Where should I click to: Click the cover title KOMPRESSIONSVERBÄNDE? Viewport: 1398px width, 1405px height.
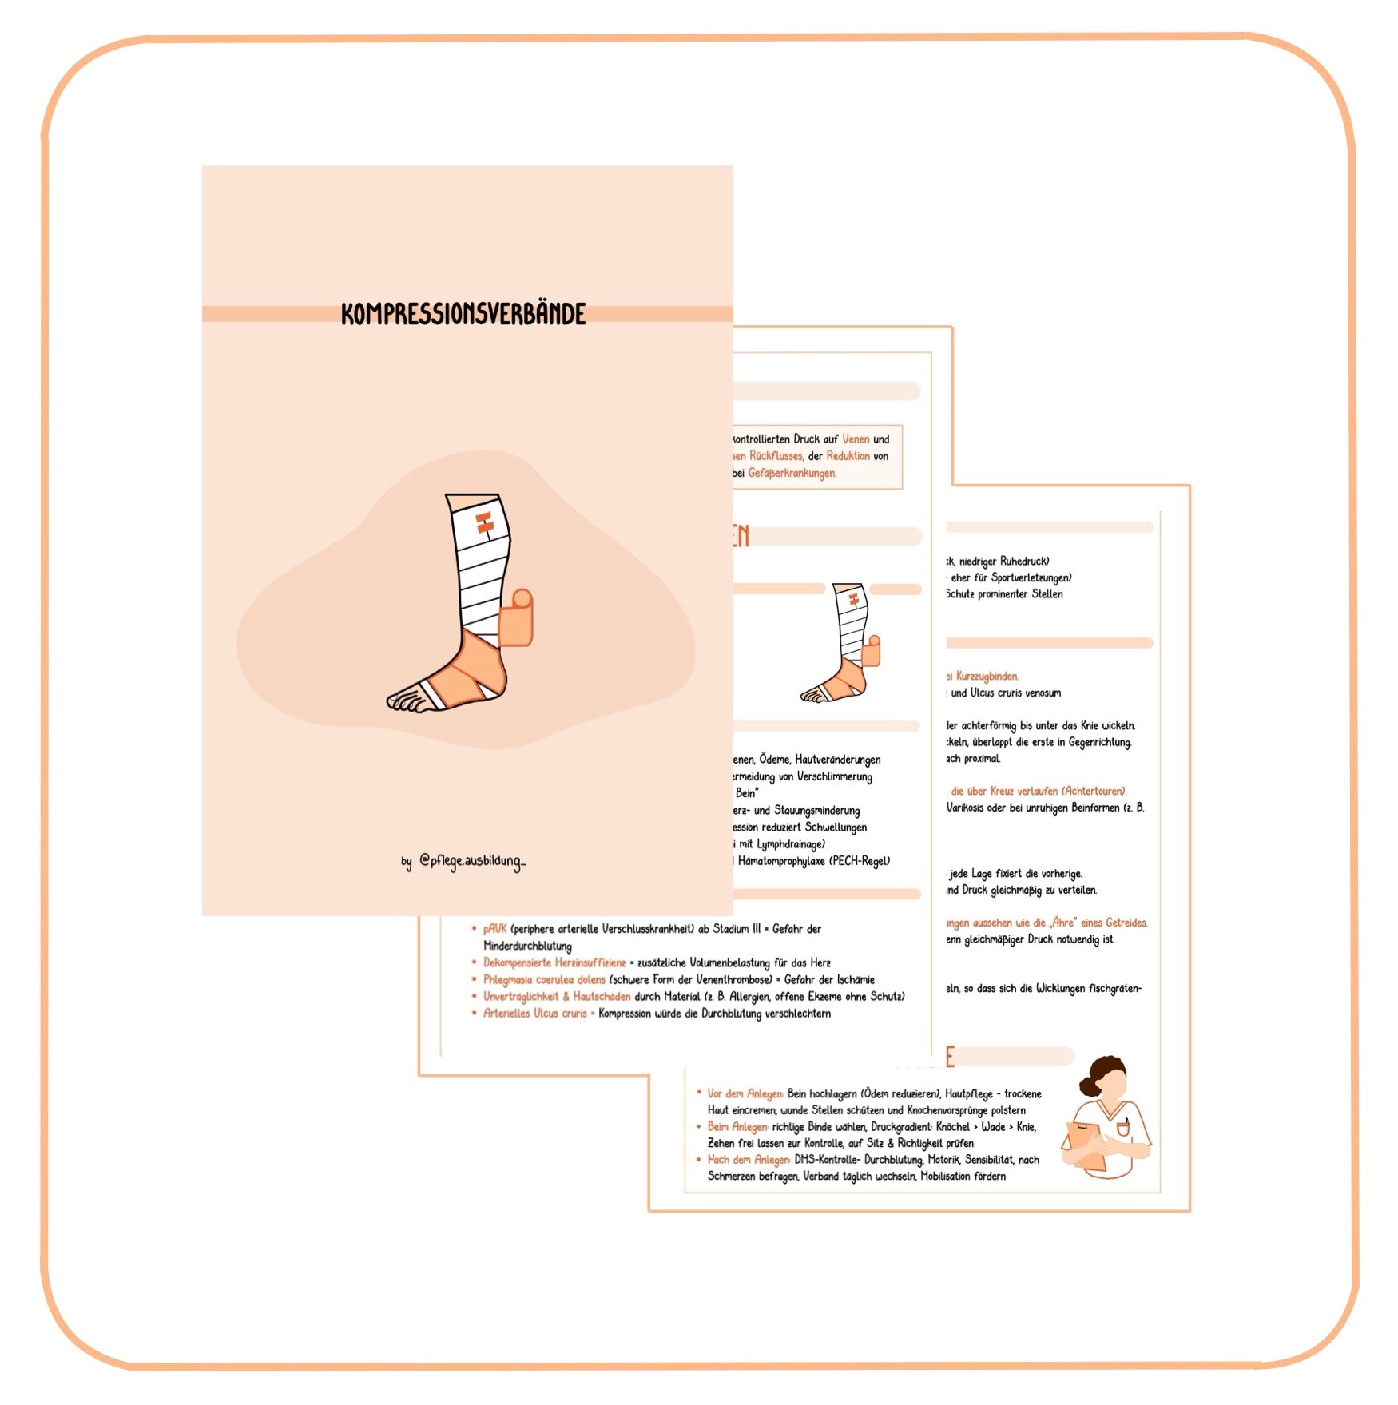click(x=463, y=314)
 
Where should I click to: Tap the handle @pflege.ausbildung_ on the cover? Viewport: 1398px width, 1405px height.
click(x=472, y=861)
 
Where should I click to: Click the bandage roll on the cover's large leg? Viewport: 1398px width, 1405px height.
click(x=516, y=618)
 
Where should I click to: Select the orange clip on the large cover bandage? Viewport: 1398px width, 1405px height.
click(x=483, y=523)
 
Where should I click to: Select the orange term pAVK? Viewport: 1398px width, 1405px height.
click(x=494, y=929)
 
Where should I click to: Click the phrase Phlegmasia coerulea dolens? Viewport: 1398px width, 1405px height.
click(x=544, y=980)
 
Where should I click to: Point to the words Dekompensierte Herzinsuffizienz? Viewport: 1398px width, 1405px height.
click(x=554, y=963)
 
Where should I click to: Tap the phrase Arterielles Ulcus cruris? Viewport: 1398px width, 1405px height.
click(x=534, y=1014)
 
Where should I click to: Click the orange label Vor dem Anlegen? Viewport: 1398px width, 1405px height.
click(x=745, y=1094)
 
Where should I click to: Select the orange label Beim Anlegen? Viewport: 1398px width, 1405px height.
click(x=737, y=1127)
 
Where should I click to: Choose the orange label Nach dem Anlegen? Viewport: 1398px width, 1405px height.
click(x=749, y=1160)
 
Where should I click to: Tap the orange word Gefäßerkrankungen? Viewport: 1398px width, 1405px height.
click(x=792, y=474)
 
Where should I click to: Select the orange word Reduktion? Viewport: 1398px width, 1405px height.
click(x=848, y=456)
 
